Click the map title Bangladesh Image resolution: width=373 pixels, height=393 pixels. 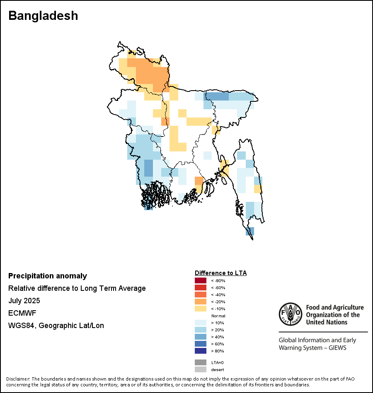point(43,16)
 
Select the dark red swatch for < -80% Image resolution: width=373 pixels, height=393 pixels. point(201,280)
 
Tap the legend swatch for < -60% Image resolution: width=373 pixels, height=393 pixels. point(201,288)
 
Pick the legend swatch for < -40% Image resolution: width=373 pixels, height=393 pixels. point(201,295)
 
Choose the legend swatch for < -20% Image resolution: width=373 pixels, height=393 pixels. point(201,302)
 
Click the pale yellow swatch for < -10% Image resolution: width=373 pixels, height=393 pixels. point(201,309)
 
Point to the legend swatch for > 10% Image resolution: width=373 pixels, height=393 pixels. point(201,323)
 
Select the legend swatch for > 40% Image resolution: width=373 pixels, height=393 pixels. point(201,337)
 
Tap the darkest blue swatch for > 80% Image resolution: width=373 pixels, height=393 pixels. point(201,351)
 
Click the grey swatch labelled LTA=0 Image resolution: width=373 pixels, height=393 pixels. point(201,362)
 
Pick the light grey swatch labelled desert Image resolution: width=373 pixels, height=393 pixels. point(201,369)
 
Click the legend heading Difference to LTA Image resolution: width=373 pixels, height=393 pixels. point(220,273)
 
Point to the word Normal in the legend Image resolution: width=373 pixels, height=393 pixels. point(218,316)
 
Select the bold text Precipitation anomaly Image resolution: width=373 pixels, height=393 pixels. point(48,276)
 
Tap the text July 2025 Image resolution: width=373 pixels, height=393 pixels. point(24,301)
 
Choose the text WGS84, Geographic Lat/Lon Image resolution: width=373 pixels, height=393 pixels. point(56,326)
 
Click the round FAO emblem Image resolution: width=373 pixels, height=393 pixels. point(290,314)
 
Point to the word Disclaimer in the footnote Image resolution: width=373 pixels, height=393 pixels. point(18,379)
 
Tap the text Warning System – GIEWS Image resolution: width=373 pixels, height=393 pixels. point(312,347)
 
